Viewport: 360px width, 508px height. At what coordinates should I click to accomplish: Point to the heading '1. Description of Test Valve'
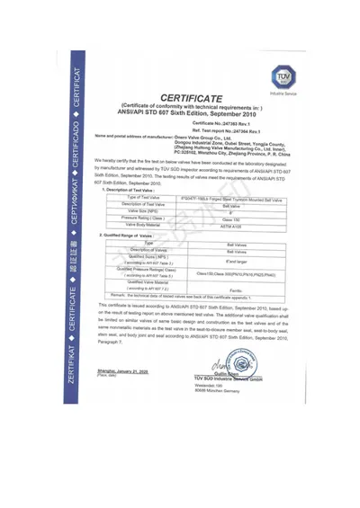click(134, 190)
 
